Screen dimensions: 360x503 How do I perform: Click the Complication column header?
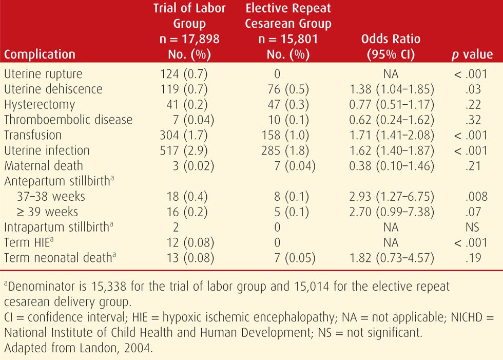tap(40, 54)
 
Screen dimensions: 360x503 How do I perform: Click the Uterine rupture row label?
tap(43, 74)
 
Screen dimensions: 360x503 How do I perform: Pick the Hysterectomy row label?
tap(40, 105)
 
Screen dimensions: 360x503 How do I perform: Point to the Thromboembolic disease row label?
tap(68, 120)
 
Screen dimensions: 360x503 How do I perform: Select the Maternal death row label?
tap(43, 166)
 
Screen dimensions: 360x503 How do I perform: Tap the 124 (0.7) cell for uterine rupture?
tap(183, 74)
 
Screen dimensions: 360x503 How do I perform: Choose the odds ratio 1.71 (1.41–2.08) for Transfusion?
tap(391, 136)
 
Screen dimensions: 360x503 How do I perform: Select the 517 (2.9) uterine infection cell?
tap(183, 151)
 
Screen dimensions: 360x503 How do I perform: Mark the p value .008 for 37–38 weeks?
tap(474, 197)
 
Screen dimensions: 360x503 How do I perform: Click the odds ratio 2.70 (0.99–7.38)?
tap(391, 213)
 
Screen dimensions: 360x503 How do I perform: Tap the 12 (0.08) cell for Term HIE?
tap(186, 243)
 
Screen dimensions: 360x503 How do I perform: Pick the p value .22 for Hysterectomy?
tap(474, 105)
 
